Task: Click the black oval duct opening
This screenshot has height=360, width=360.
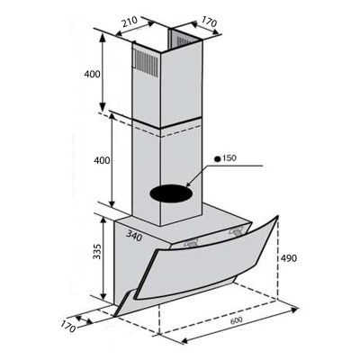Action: [169, 192]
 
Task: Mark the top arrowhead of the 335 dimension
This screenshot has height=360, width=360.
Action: [110, 217]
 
